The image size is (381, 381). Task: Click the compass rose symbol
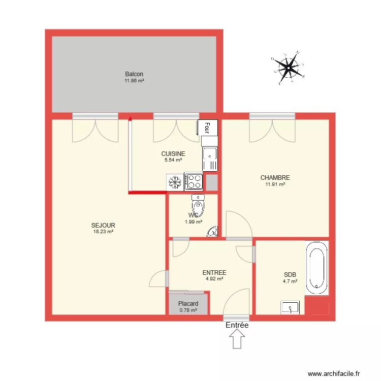(288, 68)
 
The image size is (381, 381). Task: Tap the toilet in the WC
(198, 205)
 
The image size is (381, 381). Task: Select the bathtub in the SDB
(317, 268)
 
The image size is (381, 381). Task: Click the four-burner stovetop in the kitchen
(194, 182)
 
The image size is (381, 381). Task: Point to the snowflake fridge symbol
(175, 182)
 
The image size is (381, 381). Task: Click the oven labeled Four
(207, 128)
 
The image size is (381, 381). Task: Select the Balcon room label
(134, 74)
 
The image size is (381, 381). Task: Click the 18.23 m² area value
(103, 232)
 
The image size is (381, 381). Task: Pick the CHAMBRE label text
(275, 178)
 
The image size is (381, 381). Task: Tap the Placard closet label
(188, 303)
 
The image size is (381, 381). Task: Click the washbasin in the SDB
(290, 307)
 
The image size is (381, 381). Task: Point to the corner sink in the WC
(213, 232)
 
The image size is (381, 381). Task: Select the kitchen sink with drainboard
(210, 159)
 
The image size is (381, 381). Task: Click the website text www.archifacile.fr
(334, 373)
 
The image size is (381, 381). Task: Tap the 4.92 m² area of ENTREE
(214, 279)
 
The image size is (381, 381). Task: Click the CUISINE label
(173, 153)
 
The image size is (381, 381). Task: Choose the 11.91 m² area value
(275, 184)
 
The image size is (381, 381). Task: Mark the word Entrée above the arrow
(237, 325)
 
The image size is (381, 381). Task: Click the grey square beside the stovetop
(212, 182)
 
